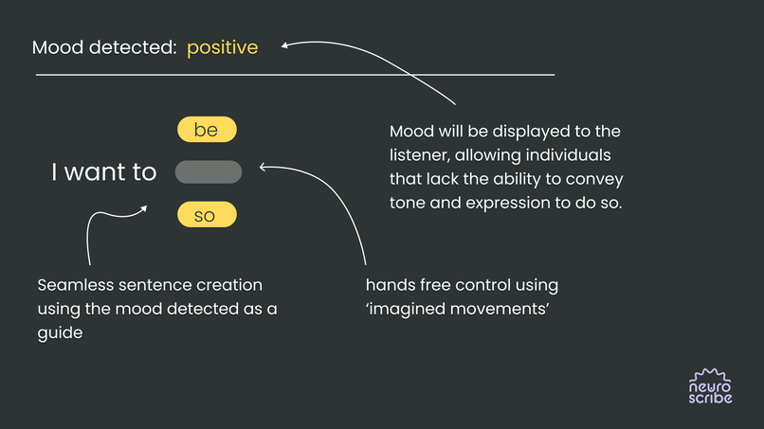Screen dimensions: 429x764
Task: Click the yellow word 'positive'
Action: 222,47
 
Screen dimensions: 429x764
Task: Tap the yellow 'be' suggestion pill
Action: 207,130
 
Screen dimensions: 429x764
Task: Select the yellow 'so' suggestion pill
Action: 207,216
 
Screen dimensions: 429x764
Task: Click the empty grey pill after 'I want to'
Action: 209,172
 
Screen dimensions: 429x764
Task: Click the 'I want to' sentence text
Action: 104,172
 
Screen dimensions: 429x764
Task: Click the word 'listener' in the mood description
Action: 420,155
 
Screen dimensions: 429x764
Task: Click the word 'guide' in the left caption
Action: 60,332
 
